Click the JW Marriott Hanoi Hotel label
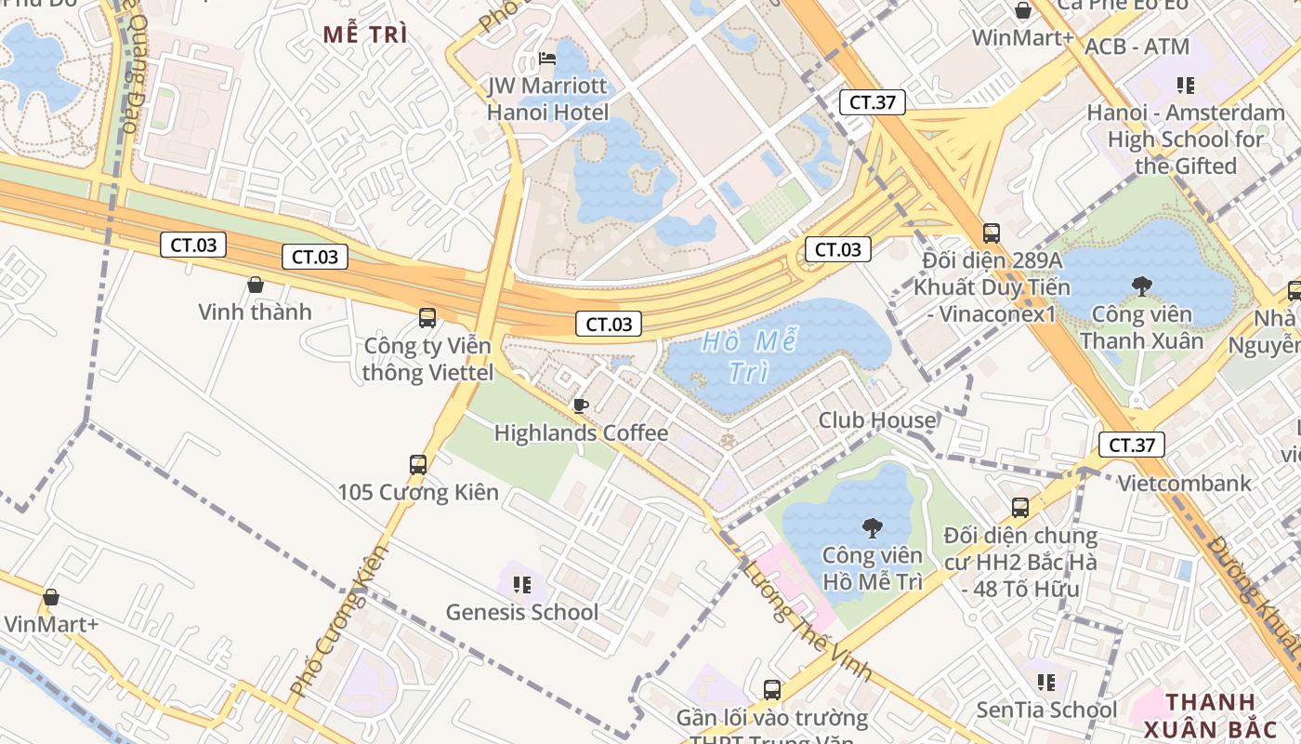tap(548, 100)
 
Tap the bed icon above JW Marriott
tap(548, 60)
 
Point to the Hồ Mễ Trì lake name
tap(748, 356)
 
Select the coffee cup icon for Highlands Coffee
tap(581, 405)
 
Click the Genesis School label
tap(522, 612)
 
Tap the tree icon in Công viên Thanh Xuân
tap(1141, 286)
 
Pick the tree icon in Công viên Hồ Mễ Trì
tap(872, 528)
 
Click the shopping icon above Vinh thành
tap(256, 285)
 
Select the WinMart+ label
tap(1023, 38)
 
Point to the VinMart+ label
tap(51, 624)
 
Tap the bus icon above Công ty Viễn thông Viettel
tap(427, 318)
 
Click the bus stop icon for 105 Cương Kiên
tap(418, 464)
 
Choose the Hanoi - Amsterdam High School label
tap(1186, 139)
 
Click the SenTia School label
tap(1046, 710)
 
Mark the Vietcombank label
tap(1185, 483)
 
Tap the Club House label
tap(877, 420)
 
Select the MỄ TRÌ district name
tap(365, 35)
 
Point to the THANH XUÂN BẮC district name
tap(1210, 715)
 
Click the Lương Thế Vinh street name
tap(807, 619)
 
